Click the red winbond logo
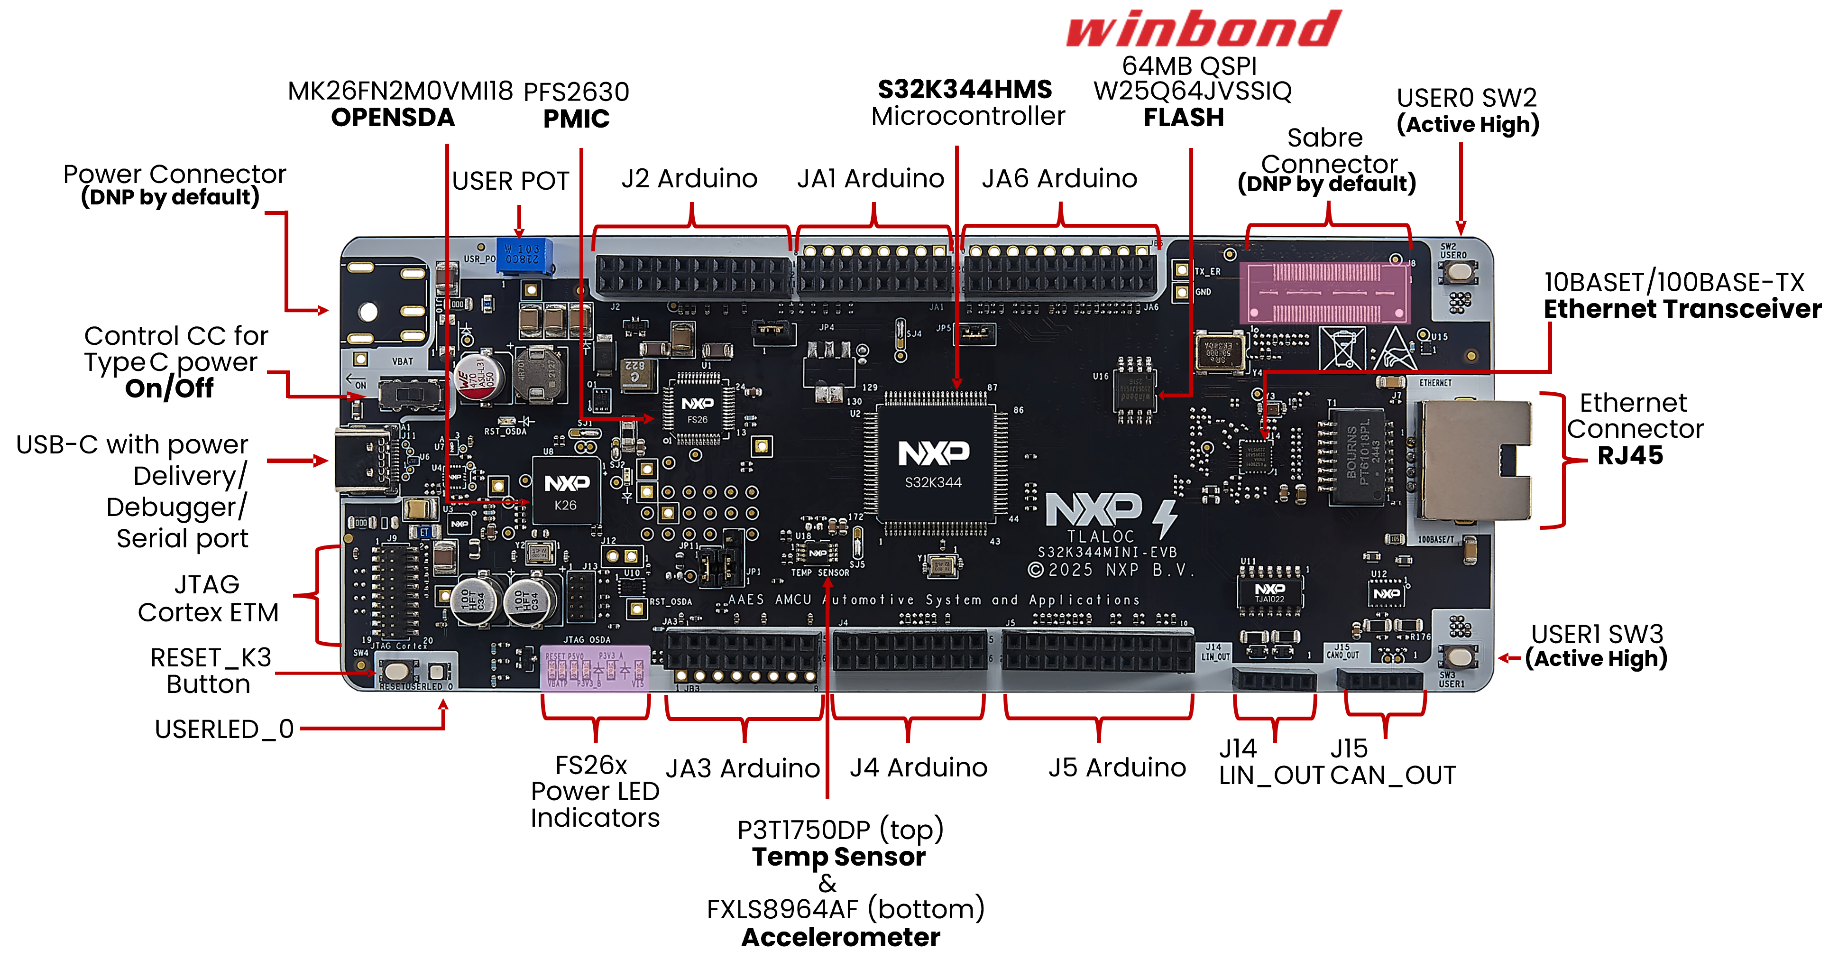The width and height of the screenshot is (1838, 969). pyautogui.click(x=1203, y=28)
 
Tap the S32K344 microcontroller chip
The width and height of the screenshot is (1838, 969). pyautogui.click(x=933, y=464)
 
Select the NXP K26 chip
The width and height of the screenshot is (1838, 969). pyautogui.click(x=566, y=492)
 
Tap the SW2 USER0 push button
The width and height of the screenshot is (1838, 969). pyautogui.click(x=1459, y=271)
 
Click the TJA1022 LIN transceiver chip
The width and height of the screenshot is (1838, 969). pyautogui.click(x=1269, y=592)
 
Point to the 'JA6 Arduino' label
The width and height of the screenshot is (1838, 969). pyautogui.click(x=1059, y=178)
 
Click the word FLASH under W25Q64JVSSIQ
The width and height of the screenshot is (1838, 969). pyautogui.click(x=1184, y=117)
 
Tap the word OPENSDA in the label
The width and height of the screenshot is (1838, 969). pyautogui.click(x=393, y=118)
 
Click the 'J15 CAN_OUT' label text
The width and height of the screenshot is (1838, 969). pyautogui.click(x=1391, y=762)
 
